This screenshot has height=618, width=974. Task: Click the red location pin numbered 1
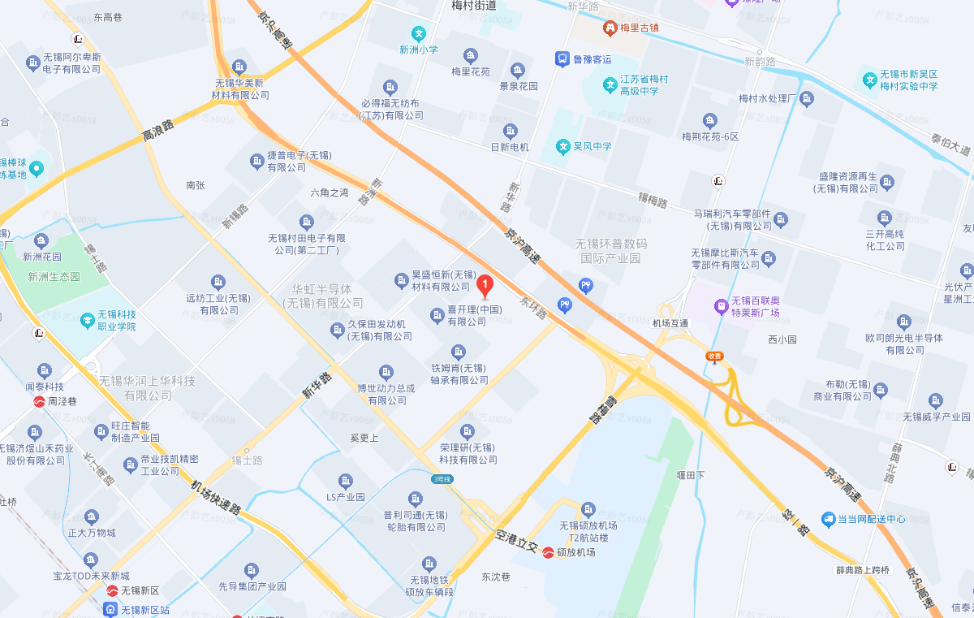(485, 285)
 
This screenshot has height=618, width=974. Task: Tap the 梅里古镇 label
(640, 28)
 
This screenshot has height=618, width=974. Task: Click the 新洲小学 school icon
(419, 34)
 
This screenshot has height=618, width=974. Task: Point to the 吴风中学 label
(593, 147)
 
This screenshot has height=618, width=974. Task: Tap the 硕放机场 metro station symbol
(549, 552)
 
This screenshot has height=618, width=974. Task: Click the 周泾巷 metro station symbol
(39, 401)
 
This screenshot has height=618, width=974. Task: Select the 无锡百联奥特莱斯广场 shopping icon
(719, 306)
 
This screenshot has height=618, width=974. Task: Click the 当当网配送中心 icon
(828, 518)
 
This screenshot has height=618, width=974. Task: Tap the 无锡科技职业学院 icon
(88, 320)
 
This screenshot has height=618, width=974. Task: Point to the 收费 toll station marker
(714, 356)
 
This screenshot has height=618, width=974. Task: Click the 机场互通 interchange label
(670, 323)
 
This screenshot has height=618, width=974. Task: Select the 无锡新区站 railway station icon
(110, 609)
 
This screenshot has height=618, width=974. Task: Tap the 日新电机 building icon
(510, 132)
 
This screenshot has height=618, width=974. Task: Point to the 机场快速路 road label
(217, 497)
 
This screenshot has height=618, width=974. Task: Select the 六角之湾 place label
(329, 193)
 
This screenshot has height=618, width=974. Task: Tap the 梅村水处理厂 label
(769, 99)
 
